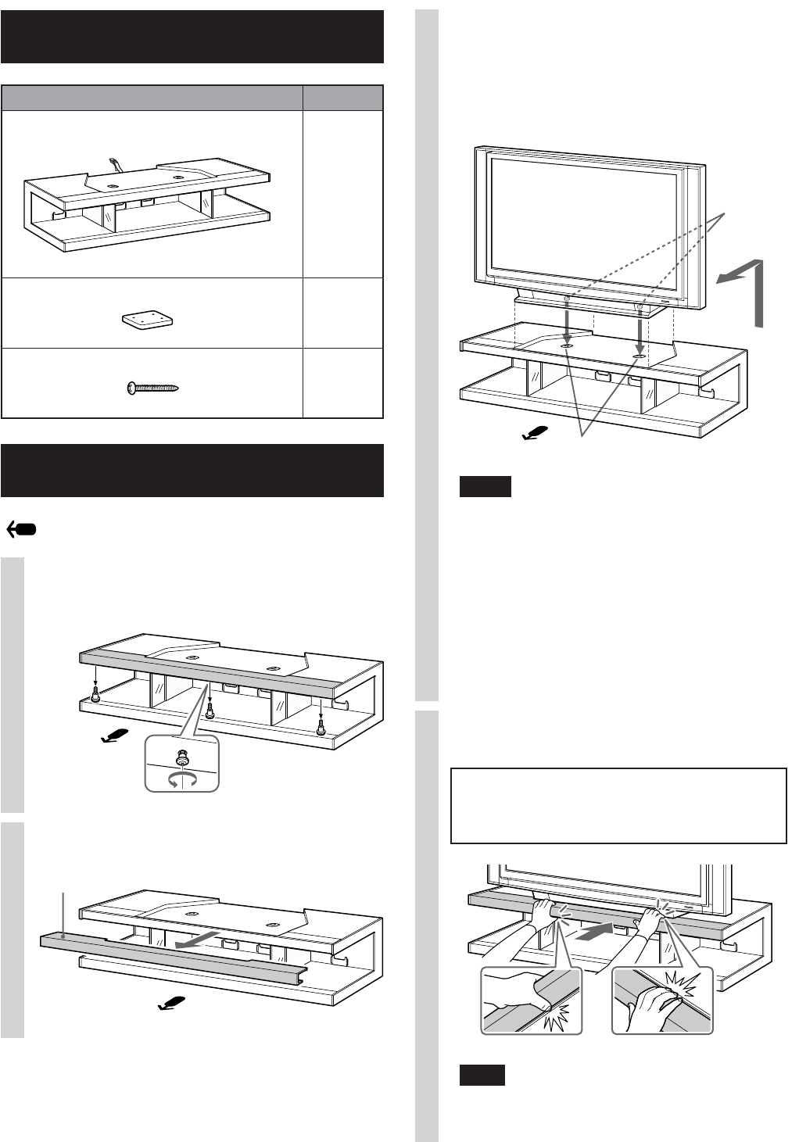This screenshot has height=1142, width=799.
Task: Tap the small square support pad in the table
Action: tap(149, 320)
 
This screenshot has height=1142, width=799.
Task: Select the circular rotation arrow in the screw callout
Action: tap(182, 779)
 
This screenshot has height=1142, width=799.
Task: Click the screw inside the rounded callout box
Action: tap(181, 757)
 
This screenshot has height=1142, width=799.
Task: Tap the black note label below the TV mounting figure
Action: tap(485, 486)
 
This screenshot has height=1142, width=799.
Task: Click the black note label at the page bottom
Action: tap(482, 1075)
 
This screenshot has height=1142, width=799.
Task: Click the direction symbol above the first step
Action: tap(23, 529)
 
